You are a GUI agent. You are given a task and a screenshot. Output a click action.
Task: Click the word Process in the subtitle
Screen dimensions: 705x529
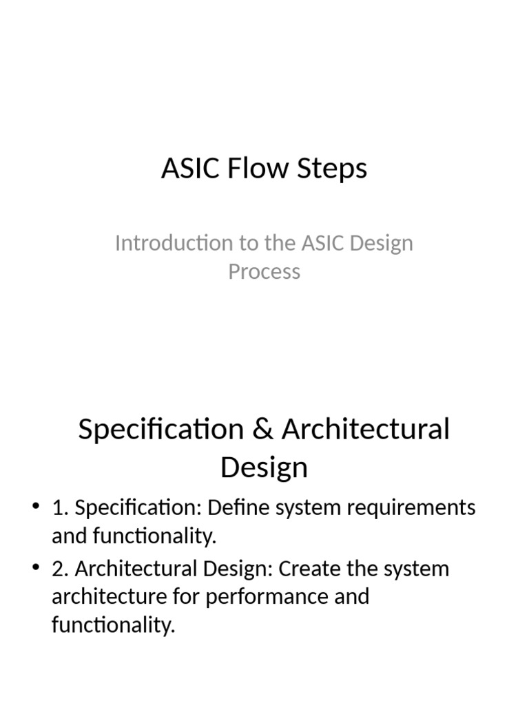pyautogui.click(x=264, y=271)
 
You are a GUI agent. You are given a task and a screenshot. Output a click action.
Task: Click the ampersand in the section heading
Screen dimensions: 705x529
pyautogui.click(x=262, y=429)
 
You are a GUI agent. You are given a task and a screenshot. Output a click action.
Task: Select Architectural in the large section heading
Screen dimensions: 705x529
pyautogui.click(x=365, y=429)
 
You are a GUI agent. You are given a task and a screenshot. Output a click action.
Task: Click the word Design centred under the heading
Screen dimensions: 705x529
pyautogui.click(x=264, y=467)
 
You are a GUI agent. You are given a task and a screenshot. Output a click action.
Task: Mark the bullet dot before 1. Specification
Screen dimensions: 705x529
pyautogui.click(x=36, y=508)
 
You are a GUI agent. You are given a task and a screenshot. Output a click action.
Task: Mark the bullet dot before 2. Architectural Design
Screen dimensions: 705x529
pyautogui.click(x=36, y=569)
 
